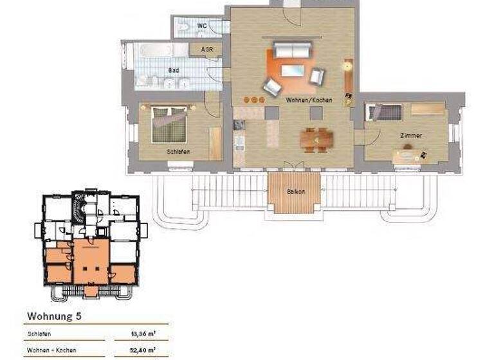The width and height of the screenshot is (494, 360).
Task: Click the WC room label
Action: pos(201,26)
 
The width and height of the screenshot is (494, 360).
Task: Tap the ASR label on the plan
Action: pos(207,50)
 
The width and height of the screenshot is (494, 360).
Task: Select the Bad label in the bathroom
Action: pos(173,69)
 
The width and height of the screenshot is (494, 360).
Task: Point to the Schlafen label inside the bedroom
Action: pos(178,152)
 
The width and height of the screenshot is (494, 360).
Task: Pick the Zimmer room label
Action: pos(410,136)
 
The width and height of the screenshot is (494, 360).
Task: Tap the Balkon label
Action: pos(296,192)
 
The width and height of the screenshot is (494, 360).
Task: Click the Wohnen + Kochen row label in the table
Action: pos(51,350)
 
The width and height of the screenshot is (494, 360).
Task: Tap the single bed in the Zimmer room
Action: pos(385,113)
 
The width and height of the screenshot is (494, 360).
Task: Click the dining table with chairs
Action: pos(316,138)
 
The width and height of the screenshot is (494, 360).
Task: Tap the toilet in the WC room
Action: pos(185,27)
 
